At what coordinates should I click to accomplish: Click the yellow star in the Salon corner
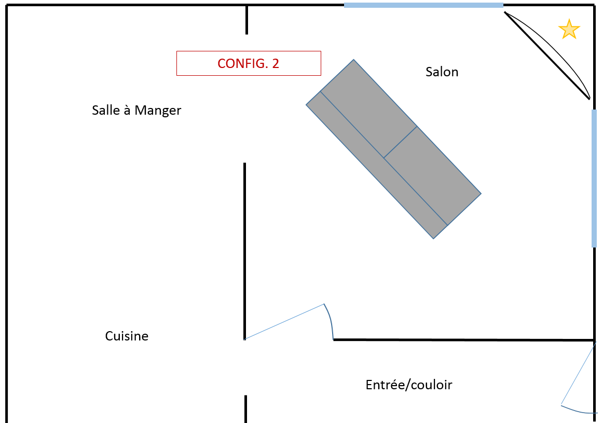569,30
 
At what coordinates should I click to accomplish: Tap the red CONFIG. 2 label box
249,63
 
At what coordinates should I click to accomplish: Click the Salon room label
442,72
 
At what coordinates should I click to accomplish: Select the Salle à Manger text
136,110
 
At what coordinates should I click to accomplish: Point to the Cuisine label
127,336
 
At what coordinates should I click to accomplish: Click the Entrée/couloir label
409,385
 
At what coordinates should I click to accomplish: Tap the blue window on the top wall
423,5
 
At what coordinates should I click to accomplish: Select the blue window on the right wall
594,178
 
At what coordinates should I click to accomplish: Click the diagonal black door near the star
547,56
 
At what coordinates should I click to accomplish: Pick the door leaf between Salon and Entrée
284,322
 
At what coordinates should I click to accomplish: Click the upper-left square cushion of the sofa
369,108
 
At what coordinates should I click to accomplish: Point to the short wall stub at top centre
246,20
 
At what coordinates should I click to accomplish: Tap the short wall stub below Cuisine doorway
245,408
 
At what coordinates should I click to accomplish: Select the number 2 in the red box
275,63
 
